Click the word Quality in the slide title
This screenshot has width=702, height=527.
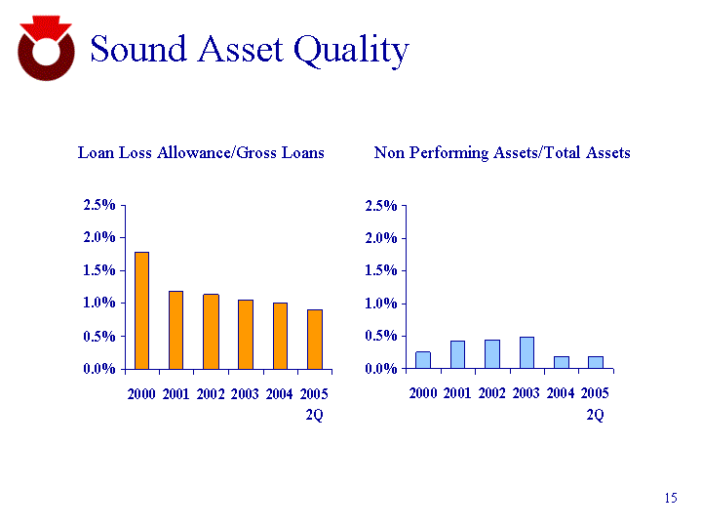point(351,50)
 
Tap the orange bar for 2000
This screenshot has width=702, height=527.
point(141,310)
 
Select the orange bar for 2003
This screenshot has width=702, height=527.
point(245,334)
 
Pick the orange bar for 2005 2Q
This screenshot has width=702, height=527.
point(314,339)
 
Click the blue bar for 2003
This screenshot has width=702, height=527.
point(526,352)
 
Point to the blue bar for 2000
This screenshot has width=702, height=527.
point(423,360)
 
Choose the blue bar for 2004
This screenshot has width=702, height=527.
point(562,362)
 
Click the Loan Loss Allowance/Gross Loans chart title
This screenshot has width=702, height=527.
point(201,153)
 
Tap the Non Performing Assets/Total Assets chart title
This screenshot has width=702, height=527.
point(502,153)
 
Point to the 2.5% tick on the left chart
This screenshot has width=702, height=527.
point(98,205)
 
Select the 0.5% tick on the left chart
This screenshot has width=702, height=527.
point(98,337)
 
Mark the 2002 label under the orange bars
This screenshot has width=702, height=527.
point(211,393)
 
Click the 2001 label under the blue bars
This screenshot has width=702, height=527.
point(457,393)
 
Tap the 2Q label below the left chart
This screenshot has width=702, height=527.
point(314,415)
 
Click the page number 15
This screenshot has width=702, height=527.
point(670,499)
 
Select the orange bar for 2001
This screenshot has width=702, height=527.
point(175,330)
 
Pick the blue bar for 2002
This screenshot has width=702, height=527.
point(492,353)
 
